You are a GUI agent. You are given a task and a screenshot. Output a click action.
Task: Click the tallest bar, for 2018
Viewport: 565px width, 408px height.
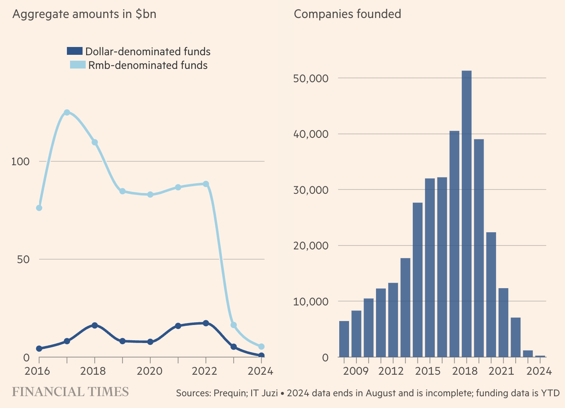(x=466, y=214)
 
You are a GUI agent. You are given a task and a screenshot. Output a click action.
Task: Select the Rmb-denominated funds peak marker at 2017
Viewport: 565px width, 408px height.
(x=67, y=112)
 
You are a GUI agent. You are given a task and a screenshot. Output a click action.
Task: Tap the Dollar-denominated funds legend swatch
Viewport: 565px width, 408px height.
(x=75, y=51)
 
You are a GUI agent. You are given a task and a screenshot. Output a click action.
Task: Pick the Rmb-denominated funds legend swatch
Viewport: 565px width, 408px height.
(x=77, y=65)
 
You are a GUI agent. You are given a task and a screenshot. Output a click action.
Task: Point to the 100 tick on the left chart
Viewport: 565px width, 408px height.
(x=20, y=161)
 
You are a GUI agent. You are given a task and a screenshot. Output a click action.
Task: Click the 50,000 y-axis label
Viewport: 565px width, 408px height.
(x=310, y=78)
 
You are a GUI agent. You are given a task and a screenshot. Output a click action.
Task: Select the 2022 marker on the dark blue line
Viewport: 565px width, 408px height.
(x=206, y=323)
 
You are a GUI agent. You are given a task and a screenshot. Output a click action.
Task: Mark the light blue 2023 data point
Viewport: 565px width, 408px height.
(x=234, y=325)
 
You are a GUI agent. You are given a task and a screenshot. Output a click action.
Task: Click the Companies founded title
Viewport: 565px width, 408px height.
(x=347, y=14)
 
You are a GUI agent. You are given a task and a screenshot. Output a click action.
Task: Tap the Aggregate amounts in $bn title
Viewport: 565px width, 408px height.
(x=84, y=14)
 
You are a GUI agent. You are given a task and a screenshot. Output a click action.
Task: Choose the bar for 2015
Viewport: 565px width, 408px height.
(x=430, y=268)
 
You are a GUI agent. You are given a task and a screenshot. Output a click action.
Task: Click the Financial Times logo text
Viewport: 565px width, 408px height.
(x=70, y=392)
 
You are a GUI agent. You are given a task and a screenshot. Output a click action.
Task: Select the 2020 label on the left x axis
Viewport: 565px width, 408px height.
(x=150, y=371)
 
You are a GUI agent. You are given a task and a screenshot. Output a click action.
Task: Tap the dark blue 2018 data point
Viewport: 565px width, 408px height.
(x=94, y=325)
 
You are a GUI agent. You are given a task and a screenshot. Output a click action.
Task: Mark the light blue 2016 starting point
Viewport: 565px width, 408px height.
(x=39, y=208)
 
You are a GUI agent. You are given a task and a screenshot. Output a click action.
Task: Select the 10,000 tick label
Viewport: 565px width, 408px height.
(x=310, y=301)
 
